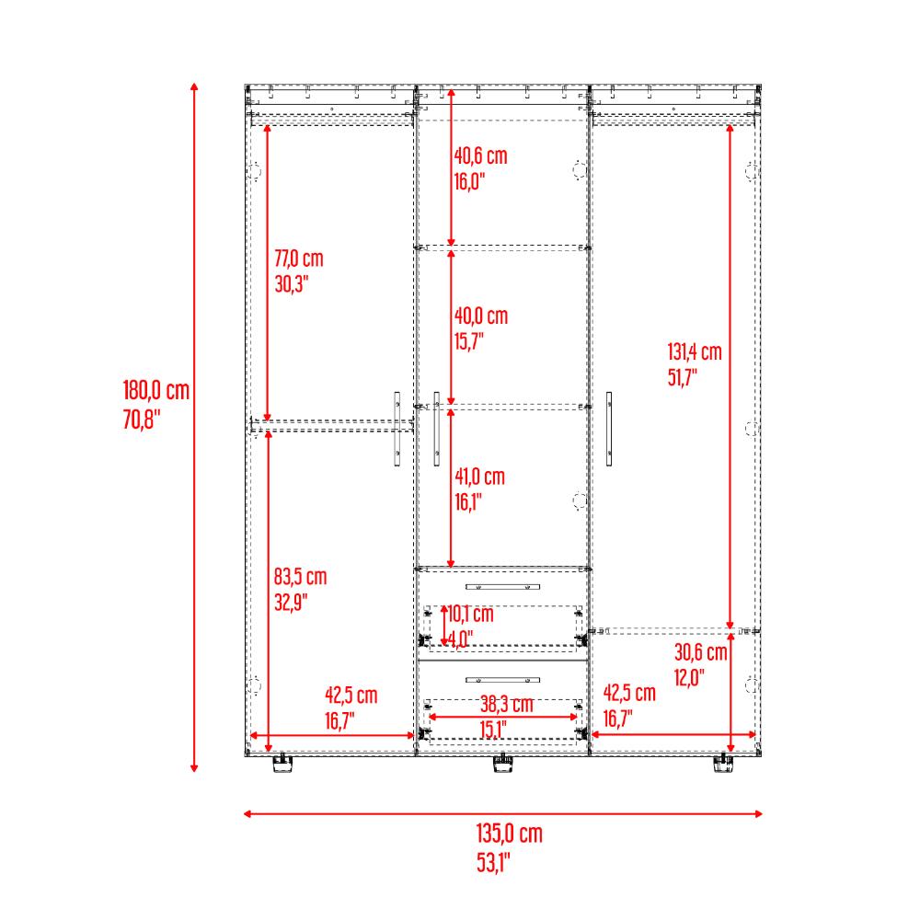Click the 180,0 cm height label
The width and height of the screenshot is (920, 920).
tap(156, 391)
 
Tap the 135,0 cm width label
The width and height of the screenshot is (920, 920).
tap(510, 834)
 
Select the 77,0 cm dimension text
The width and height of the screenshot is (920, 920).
tap(299, 259)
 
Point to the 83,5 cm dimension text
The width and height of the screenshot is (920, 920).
tap(300, 577)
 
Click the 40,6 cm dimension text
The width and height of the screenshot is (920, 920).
tap(480, 156)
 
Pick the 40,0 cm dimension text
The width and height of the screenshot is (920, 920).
tap(480, 316)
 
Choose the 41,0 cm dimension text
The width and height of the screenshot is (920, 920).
tap(479, 477)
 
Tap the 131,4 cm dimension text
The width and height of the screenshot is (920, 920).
tap(694, 352)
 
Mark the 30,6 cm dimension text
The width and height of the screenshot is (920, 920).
tap(700, 652)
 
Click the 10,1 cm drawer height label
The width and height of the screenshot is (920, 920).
tap(470, 615)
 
